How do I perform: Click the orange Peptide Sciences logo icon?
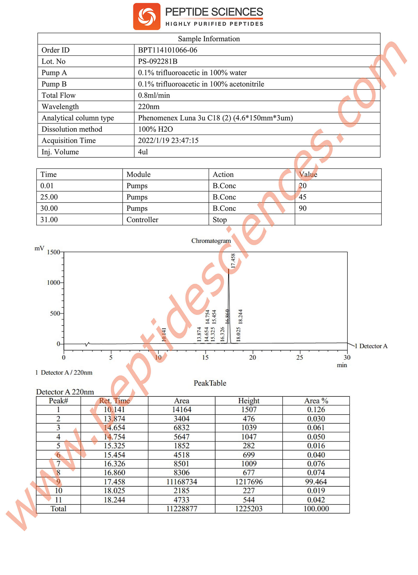tap(146, 16)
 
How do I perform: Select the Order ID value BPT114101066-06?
tap(168, 50)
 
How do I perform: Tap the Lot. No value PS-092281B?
tap(158, 61)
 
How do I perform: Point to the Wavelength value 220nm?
tap(148, 107)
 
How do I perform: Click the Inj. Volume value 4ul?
tap(143, 152)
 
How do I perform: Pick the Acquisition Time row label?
tap(68, 141)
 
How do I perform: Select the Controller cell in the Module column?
tap(142, 220)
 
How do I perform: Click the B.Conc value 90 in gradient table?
tap(302, 208)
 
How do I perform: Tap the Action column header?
tap(223, 174)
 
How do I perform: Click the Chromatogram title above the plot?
tap(211, 240)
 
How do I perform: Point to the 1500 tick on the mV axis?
tap(53, 252)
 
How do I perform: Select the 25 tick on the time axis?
tap(300, 358)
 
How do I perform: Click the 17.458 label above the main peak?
tap(233, 261)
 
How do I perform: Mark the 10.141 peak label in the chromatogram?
tap(164, 335)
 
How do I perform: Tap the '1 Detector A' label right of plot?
tap(371, 346)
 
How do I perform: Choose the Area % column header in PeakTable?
tap(316, 401)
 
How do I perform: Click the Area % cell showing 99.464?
tap(316, 482)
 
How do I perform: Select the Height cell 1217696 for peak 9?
tap(249, 482)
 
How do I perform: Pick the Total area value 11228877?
tap(182, 509)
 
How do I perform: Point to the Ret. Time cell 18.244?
tap(114, 500)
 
